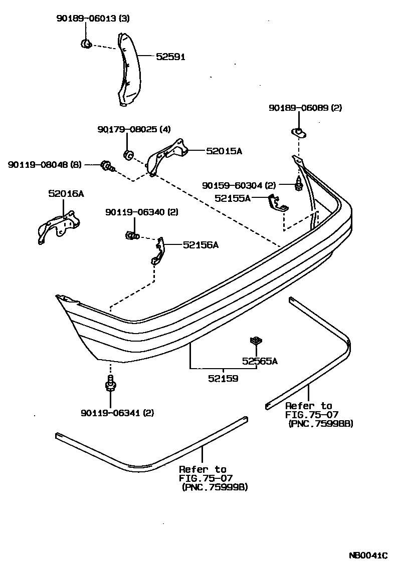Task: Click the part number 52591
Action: coord(170,57)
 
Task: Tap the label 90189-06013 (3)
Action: coord(92,19)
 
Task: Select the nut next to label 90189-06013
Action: coord(86,44)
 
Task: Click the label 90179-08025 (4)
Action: coord(134,130)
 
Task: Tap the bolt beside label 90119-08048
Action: coord(107,165)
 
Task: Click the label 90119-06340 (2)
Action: coord(141,212)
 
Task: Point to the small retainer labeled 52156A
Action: coord(158,251)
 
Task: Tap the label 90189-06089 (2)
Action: coord(305,108)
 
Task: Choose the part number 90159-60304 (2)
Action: coord(239,185)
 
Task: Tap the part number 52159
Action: coord(223,379)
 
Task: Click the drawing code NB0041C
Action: coord(368,555)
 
